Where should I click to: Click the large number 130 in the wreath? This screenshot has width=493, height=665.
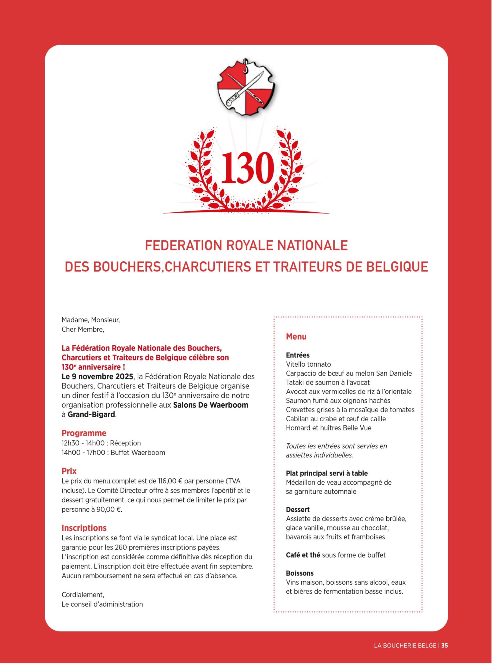[x=247, y=168]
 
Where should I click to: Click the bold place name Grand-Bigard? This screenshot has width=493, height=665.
[x=91, y=415]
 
